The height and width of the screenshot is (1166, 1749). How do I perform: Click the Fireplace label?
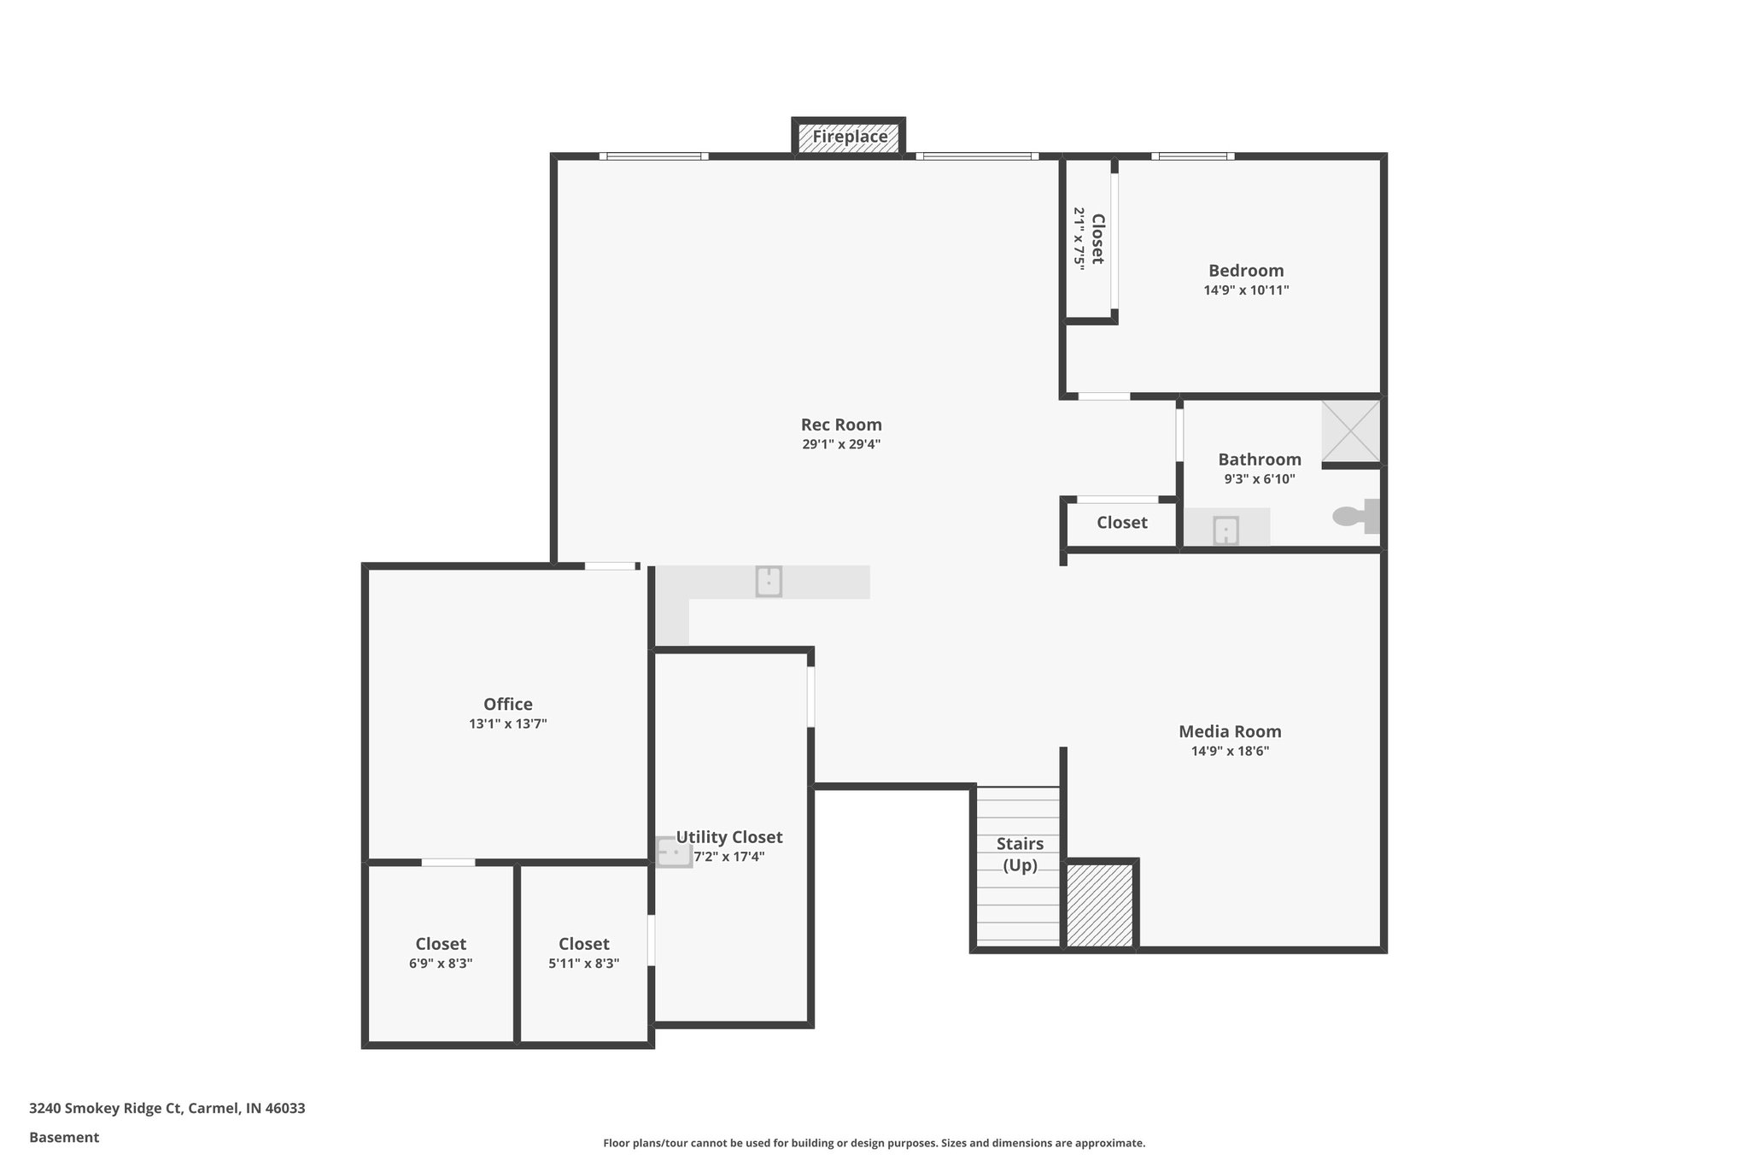tap(849, 137)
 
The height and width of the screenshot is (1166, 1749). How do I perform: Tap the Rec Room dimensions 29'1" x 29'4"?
tap(840, 444)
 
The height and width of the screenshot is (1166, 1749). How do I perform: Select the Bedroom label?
tap(1246, 271)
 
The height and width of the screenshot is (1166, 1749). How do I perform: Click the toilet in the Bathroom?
tap(1354, 516)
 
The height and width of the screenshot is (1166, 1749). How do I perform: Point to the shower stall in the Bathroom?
tap(1350, 431)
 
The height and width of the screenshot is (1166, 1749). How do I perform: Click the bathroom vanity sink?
tap(1225, 530)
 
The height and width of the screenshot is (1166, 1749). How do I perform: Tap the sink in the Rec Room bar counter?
tap(769, 581)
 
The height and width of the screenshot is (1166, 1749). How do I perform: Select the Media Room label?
tap(1230, 731)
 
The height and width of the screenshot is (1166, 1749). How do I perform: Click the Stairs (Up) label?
tap(1020, 853)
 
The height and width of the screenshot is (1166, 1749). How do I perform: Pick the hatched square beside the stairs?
tap(1100, 905)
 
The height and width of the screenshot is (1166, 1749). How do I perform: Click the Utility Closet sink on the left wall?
tap(673, 852)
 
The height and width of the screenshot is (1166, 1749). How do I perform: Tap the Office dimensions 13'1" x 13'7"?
tap(507, 724)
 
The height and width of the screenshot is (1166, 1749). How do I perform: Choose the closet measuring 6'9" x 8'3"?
tap(441, 952)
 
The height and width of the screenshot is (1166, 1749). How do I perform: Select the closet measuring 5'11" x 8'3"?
tap(584, 952)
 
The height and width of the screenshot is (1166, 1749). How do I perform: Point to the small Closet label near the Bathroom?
tap(1121, 523)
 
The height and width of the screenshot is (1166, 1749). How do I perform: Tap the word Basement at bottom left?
tap(64, 1137)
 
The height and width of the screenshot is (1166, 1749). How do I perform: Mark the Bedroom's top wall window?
tap(1192, 156)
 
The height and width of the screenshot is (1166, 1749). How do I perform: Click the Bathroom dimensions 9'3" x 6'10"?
tap(1259, 479)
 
